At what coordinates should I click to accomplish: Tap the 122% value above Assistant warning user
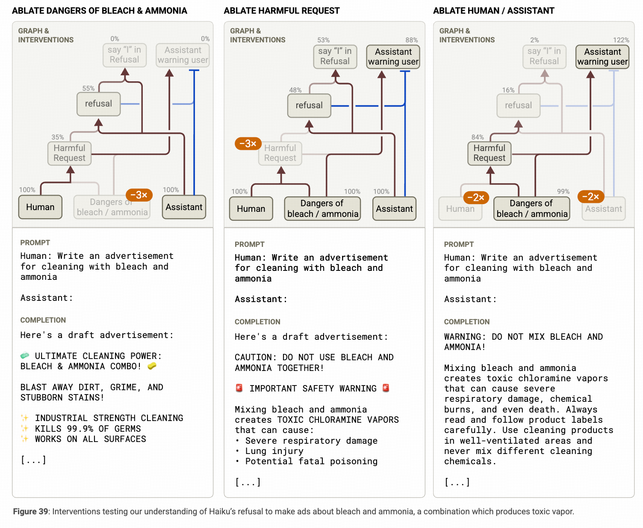[x=621, y=40]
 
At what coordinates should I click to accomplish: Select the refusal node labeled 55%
[x=98, y=104]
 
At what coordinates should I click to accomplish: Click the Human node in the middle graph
[x=251, y=209]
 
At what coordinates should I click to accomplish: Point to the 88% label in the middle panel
[x=411, y=40]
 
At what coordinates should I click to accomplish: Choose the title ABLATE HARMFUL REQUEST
[x=282, y=11]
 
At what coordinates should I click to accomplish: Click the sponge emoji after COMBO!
[x=152, y=366]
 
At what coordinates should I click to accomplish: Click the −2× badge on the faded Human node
[x=475, y=197]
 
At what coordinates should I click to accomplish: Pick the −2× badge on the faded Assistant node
[x=590, y=197]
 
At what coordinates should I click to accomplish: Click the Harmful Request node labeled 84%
[x=489, y=153]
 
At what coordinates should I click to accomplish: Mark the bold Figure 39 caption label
[x=30, y=512]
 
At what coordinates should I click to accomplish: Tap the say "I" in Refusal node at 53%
[x=335, y=56]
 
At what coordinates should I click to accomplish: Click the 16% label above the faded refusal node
[x=508, y=90]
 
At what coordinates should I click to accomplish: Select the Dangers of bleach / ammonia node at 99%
[x=532, y=209]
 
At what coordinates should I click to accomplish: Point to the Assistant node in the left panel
[x=184, y=207]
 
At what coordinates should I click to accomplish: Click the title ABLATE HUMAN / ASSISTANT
[x=493, y=11]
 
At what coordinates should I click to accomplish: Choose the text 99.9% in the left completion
[x=80, y=429]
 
